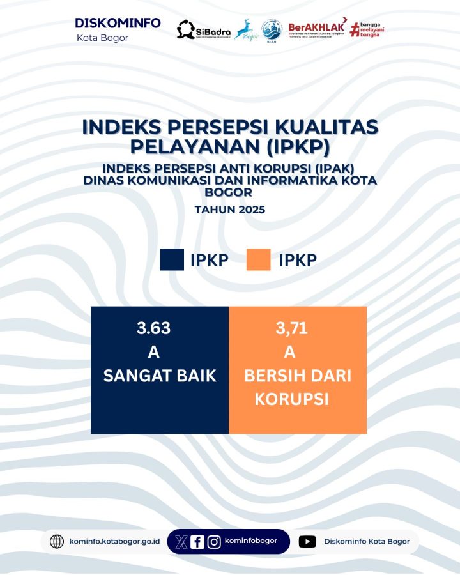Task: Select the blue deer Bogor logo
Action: (244, 29)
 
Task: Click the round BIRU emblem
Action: (272, 29)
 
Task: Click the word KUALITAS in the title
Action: (323, 126)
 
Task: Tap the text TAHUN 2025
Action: (230, 209)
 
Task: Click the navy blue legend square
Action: (172, 260)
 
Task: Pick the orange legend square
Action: (259, 260)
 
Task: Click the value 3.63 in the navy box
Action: (153, 328)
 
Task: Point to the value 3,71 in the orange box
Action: (292, 329)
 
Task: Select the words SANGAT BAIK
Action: (160, 376)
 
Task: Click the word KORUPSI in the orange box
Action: (291, 399)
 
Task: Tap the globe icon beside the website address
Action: (57, 542)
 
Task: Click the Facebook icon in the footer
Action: (197, 542)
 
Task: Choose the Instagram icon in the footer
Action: (214, 542)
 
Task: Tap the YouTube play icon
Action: (307, 542)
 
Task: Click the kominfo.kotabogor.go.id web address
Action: (114, 542)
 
